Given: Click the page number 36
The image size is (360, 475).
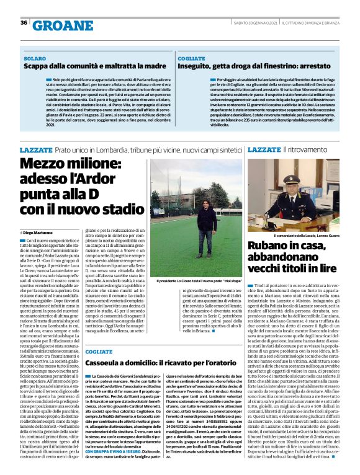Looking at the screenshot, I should pyautogui.click(x=23, y=23).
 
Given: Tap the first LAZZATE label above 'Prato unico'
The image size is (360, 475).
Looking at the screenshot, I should pyautogui.click(x=36, y=150).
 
